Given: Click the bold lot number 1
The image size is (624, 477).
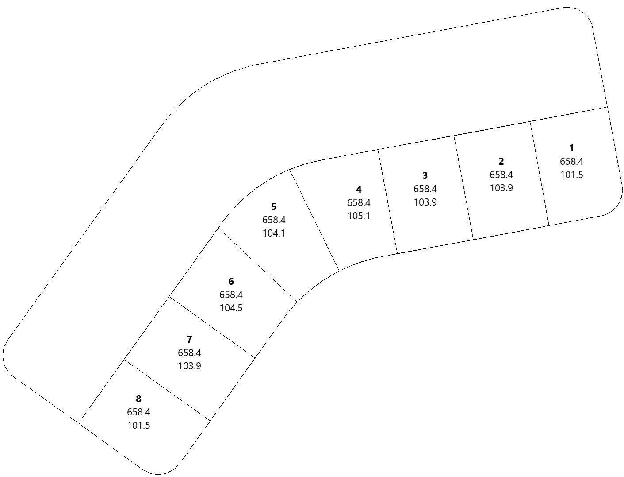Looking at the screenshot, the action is click(x=571, y=148).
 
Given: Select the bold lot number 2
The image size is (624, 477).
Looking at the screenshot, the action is click(x=501, y=162).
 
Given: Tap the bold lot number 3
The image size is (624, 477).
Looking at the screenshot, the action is click(x=425, y=175).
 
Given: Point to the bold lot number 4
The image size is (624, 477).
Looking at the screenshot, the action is click(x=359, y=189).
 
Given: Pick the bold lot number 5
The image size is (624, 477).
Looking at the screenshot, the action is click(x=274, y=207).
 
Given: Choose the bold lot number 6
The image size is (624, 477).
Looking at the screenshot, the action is click(x=231, y=282).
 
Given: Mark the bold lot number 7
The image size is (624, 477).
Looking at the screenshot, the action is click(x=189, y=340).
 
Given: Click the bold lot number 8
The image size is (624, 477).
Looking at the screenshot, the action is click(x=138, y=399).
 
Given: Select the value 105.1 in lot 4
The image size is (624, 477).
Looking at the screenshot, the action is click(x=359, y=216).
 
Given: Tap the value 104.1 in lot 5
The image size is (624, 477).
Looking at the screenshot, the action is click(x=274, y=233).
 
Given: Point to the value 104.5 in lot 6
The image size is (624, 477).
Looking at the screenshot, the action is click(x=231, y=308).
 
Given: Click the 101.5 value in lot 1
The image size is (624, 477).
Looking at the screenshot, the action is click(x=571, y=175).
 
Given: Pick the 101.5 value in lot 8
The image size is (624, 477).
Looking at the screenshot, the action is click(x=138, y=426).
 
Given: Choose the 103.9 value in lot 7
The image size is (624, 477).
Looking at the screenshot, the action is click(x=189, y=366).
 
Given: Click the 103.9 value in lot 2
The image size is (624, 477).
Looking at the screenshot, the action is click(x=501, y=188).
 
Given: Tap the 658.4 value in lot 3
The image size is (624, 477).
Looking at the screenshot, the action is click(x=425, y=189).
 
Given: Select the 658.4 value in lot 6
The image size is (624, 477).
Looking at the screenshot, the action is click(x=231, y=295).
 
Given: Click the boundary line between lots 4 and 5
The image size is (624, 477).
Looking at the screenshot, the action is click(x=314, y=220).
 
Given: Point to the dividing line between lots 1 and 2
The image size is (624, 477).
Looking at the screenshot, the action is click(x=540, y=173).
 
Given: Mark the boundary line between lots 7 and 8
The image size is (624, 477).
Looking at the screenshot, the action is click(x=167, y=390).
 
